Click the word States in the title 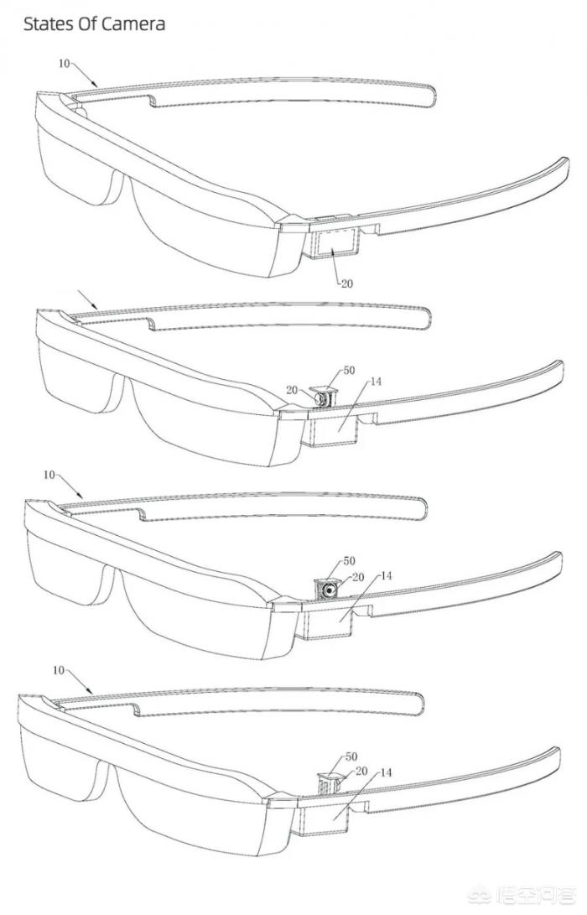(x=48, y=24)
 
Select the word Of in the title (x=86, y=24)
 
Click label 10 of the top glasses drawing (x=65, y=64)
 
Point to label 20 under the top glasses (x=346, y=283)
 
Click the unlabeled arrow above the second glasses (x=90, y=299)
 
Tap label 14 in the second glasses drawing (x=376, y=382)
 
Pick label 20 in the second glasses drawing (x=292, y=390)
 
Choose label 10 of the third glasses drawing (x=51, y=475)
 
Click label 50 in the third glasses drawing (x=349, y=561)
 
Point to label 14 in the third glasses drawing (x=387, y=576)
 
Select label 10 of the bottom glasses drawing (x=60, y=670)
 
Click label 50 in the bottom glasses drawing (x=351, y=756)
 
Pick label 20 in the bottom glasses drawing (x=361, y=771)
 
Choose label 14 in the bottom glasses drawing (x=387, y=772)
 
